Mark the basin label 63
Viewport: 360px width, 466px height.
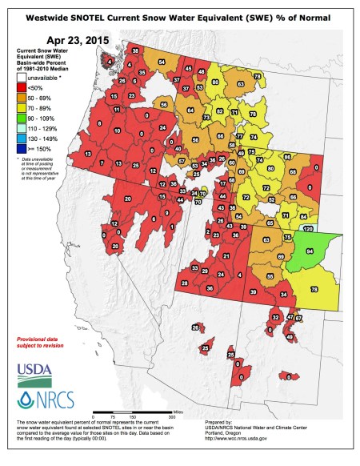pyautogui.click(x=266, y=239)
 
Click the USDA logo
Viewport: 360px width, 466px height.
pyautogui.click(x=34, y=370)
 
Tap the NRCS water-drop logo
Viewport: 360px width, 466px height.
pyautogui.click(x=34, y=398)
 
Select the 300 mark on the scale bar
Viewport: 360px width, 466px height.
pyautogui.click(x=170, y=418)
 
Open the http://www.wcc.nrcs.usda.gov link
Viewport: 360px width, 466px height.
pyautogui.click(x=256, y=439)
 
